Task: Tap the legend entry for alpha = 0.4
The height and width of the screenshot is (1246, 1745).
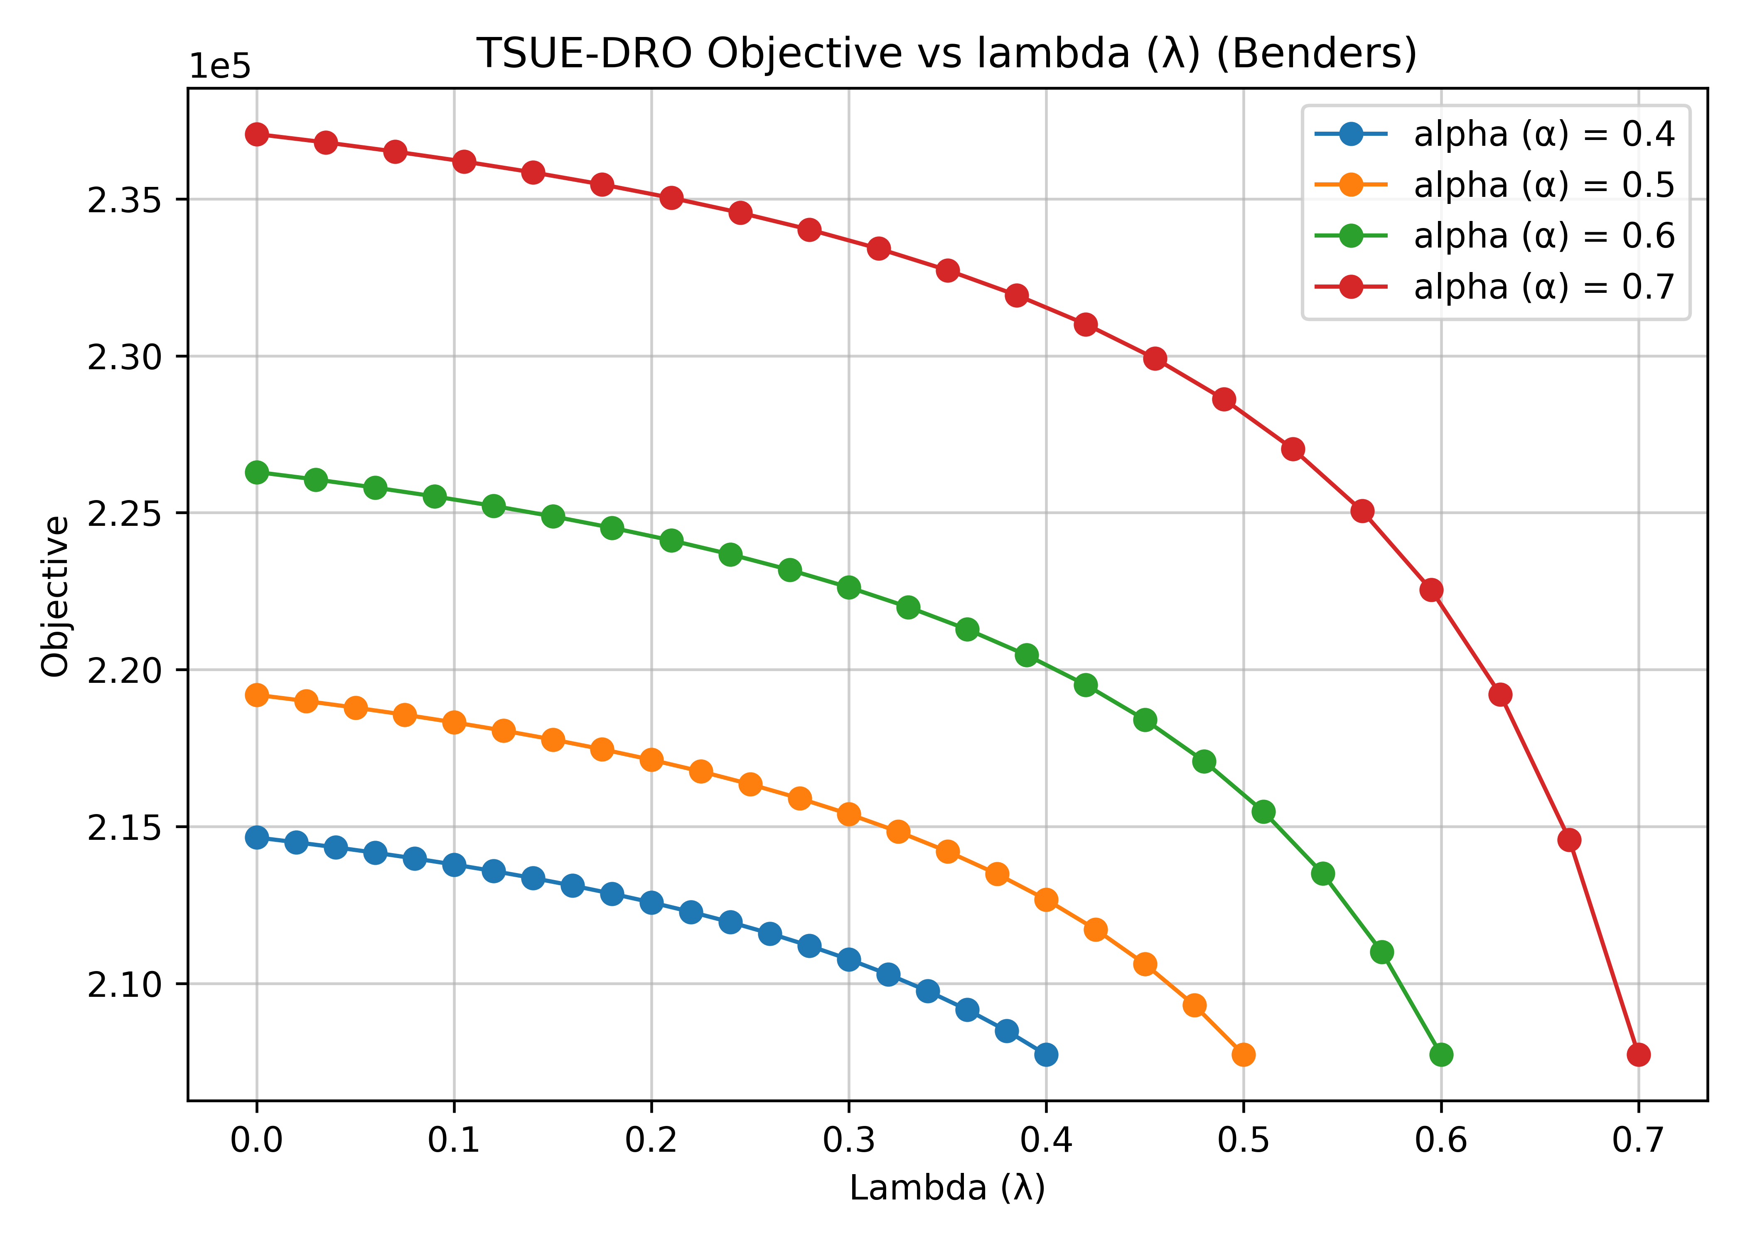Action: pyautogui.click(x=1495, y=134)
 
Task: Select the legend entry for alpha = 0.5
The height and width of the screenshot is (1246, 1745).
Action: pyautogui.click(x=1495, y=185)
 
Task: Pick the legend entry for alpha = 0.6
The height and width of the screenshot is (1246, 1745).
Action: pyautogui.click(x=1495, y=235)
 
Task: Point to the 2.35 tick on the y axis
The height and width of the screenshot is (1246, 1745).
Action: pyautogui.click(x=125, y=199)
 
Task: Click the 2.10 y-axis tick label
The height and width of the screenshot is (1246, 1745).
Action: pyautogui.click(x=125, y=984)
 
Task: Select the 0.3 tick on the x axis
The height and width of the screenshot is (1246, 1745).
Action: pyautogui.click(x=849, y=1140)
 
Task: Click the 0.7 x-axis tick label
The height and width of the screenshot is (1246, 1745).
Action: pyautogui.click(x=1638, y=1140)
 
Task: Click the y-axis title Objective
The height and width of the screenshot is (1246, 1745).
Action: pyautogui.click(x=55, y=596)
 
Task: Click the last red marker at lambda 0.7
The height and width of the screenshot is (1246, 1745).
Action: pyautogui.click(x=1638, y=1055)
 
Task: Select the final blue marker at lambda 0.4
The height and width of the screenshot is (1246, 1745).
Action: pyautogui.click(x=1046, y=1055)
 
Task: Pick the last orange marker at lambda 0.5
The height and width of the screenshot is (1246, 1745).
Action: pyautogui.click(x=1243, y=1055)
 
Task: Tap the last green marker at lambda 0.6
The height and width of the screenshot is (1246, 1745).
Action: pyautogui.click(x=1441, y=1055)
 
